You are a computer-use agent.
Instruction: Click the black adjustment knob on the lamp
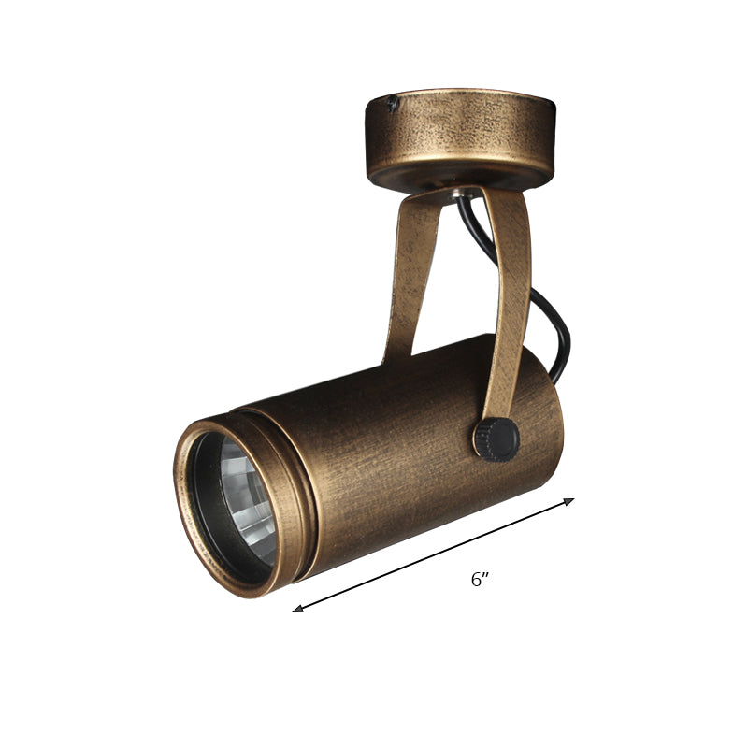496,437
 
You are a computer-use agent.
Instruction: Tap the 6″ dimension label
481,580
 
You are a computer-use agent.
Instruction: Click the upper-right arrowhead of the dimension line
568,501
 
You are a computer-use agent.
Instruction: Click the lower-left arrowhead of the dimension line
298,609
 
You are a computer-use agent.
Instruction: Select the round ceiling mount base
459,136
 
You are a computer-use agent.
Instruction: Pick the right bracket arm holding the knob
511,299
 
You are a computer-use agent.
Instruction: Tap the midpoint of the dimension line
434,554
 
